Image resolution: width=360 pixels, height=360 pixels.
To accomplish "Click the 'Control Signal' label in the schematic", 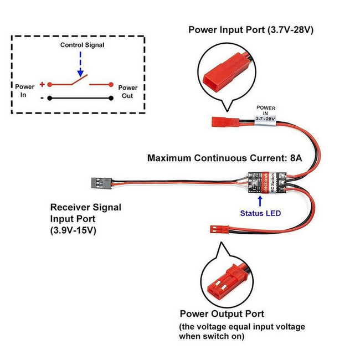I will tap(82, 45).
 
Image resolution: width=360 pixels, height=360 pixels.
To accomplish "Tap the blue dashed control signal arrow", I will tap(81, 64).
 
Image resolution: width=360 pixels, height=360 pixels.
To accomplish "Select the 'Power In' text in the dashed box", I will tap(24, 91).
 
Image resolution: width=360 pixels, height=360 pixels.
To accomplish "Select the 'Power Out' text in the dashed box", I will tap(128, 91).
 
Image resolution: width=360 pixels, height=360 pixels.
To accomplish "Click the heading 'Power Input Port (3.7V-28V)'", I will tap(251, 30).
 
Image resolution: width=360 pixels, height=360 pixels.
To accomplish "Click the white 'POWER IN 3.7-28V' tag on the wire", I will tap(265, 114).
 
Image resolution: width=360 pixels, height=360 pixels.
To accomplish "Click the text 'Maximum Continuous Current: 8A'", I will tap(224, 158).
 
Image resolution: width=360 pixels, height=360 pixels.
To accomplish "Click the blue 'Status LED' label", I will tap(260, 213).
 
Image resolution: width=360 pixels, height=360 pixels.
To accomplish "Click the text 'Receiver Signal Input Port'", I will tap(85, 213).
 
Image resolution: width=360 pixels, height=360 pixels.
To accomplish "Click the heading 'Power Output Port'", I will tap(222, 314).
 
